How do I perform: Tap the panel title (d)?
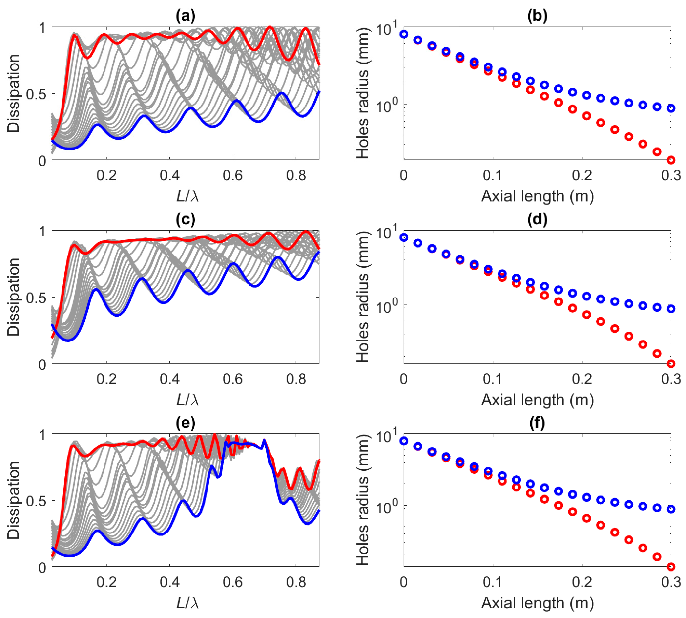click(537, 220)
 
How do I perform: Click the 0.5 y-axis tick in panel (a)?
click(36, 94)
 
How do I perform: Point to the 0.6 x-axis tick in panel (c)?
click(233, 379)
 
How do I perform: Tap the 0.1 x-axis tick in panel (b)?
click(493, 175)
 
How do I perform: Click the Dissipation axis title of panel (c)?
click(14, 297)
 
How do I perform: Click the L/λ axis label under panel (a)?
click(187, 196)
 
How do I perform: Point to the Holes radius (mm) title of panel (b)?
click(363, 94)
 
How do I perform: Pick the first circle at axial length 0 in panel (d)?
click(404, 237)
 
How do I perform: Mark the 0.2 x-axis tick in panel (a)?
click(106, 175)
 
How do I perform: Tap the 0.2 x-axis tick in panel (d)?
click(582, 379)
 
